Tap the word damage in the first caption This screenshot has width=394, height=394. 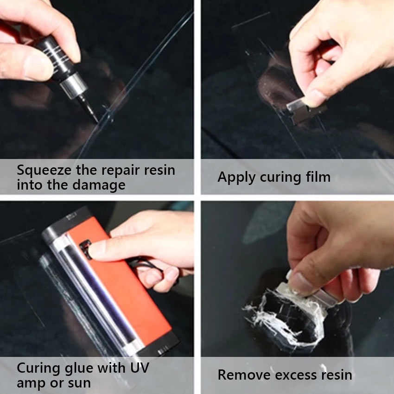pos(98,186)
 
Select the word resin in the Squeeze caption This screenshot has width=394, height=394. pos(159,170)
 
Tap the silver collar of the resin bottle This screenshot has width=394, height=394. pos(74,84)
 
